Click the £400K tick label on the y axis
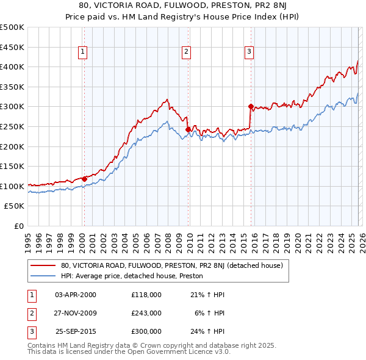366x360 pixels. (12, 67)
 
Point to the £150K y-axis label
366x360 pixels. (12, 166)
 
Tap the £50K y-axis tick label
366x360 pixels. (14, 206)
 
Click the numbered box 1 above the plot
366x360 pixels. (82, 52)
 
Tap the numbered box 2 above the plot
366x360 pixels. (185, 52)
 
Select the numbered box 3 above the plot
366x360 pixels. (249, 52)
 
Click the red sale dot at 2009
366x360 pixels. (188, 129)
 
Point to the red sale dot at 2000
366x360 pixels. (84, 179)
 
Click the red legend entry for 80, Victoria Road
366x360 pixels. (171, 266)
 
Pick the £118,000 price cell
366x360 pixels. (146, 294)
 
